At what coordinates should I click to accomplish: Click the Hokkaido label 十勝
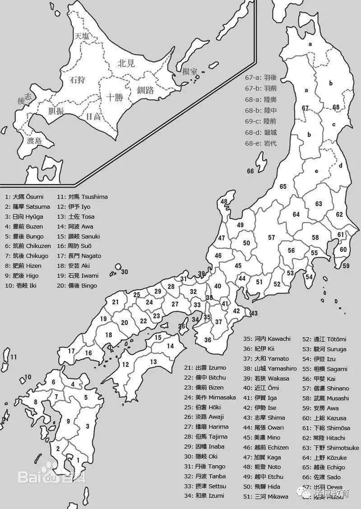click(115, 97)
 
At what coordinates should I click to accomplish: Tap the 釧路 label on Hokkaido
click(145, 90)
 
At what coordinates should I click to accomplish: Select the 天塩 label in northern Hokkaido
click(82, 36)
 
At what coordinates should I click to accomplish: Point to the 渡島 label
click(34, 141)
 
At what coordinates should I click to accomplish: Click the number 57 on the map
click(271, 237)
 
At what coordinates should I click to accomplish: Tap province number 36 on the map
click(208, 340)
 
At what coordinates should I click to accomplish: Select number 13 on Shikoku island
click(153, 362)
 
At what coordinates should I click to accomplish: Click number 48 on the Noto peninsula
click(224, 202)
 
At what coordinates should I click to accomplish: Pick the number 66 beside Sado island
click(250, 171)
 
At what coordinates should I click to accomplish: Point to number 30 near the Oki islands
click(125, 272)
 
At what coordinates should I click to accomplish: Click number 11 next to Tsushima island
click(14, 357)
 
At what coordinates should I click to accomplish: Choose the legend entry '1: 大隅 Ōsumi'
click(24, 197)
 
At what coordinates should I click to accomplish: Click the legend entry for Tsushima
click(82, 197)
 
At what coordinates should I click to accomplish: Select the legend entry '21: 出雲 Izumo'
click(205, 367)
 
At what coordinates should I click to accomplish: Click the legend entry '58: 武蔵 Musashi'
click(325, 398)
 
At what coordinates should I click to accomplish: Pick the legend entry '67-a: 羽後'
click(261, 78)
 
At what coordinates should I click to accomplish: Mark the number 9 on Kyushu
click(68, 421)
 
